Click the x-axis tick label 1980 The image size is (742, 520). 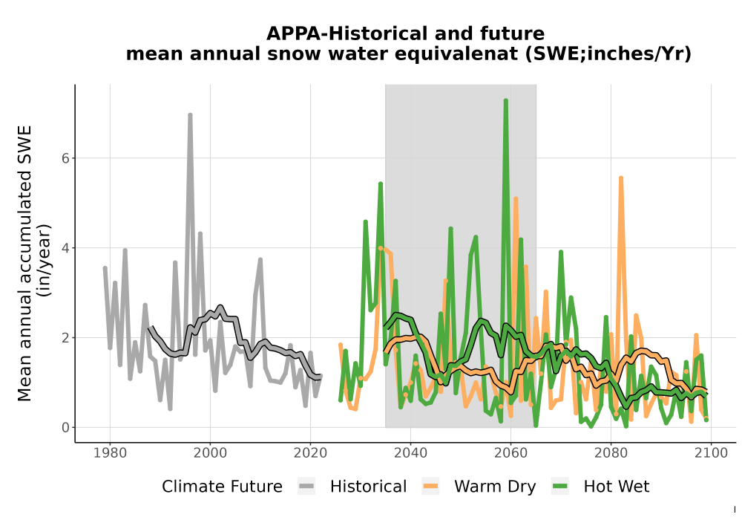(110, 453)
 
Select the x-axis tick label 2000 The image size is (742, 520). (210, 453)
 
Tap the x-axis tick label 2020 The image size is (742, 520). (310, 453)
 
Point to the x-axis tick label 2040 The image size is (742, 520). (410, 453)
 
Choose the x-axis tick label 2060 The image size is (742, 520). (510, 453)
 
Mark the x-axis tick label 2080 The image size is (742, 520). (611, 453)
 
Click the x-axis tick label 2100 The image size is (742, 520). (711, 453)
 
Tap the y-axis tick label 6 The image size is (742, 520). (66, 158)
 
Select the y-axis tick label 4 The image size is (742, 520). (66, 247)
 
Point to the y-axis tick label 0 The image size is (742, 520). (66, 428)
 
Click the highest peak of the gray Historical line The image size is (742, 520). (190, 114)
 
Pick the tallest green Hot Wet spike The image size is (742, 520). (506, 100)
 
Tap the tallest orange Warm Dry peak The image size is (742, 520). (621, 178)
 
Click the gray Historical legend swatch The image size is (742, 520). (306, 487)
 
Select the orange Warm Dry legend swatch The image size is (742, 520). (430, 487)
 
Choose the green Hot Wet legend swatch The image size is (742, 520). (560, 487)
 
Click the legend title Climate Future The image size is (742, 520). (222, 487)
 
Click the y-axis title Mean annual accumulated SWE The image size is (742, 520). (24, 263)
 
